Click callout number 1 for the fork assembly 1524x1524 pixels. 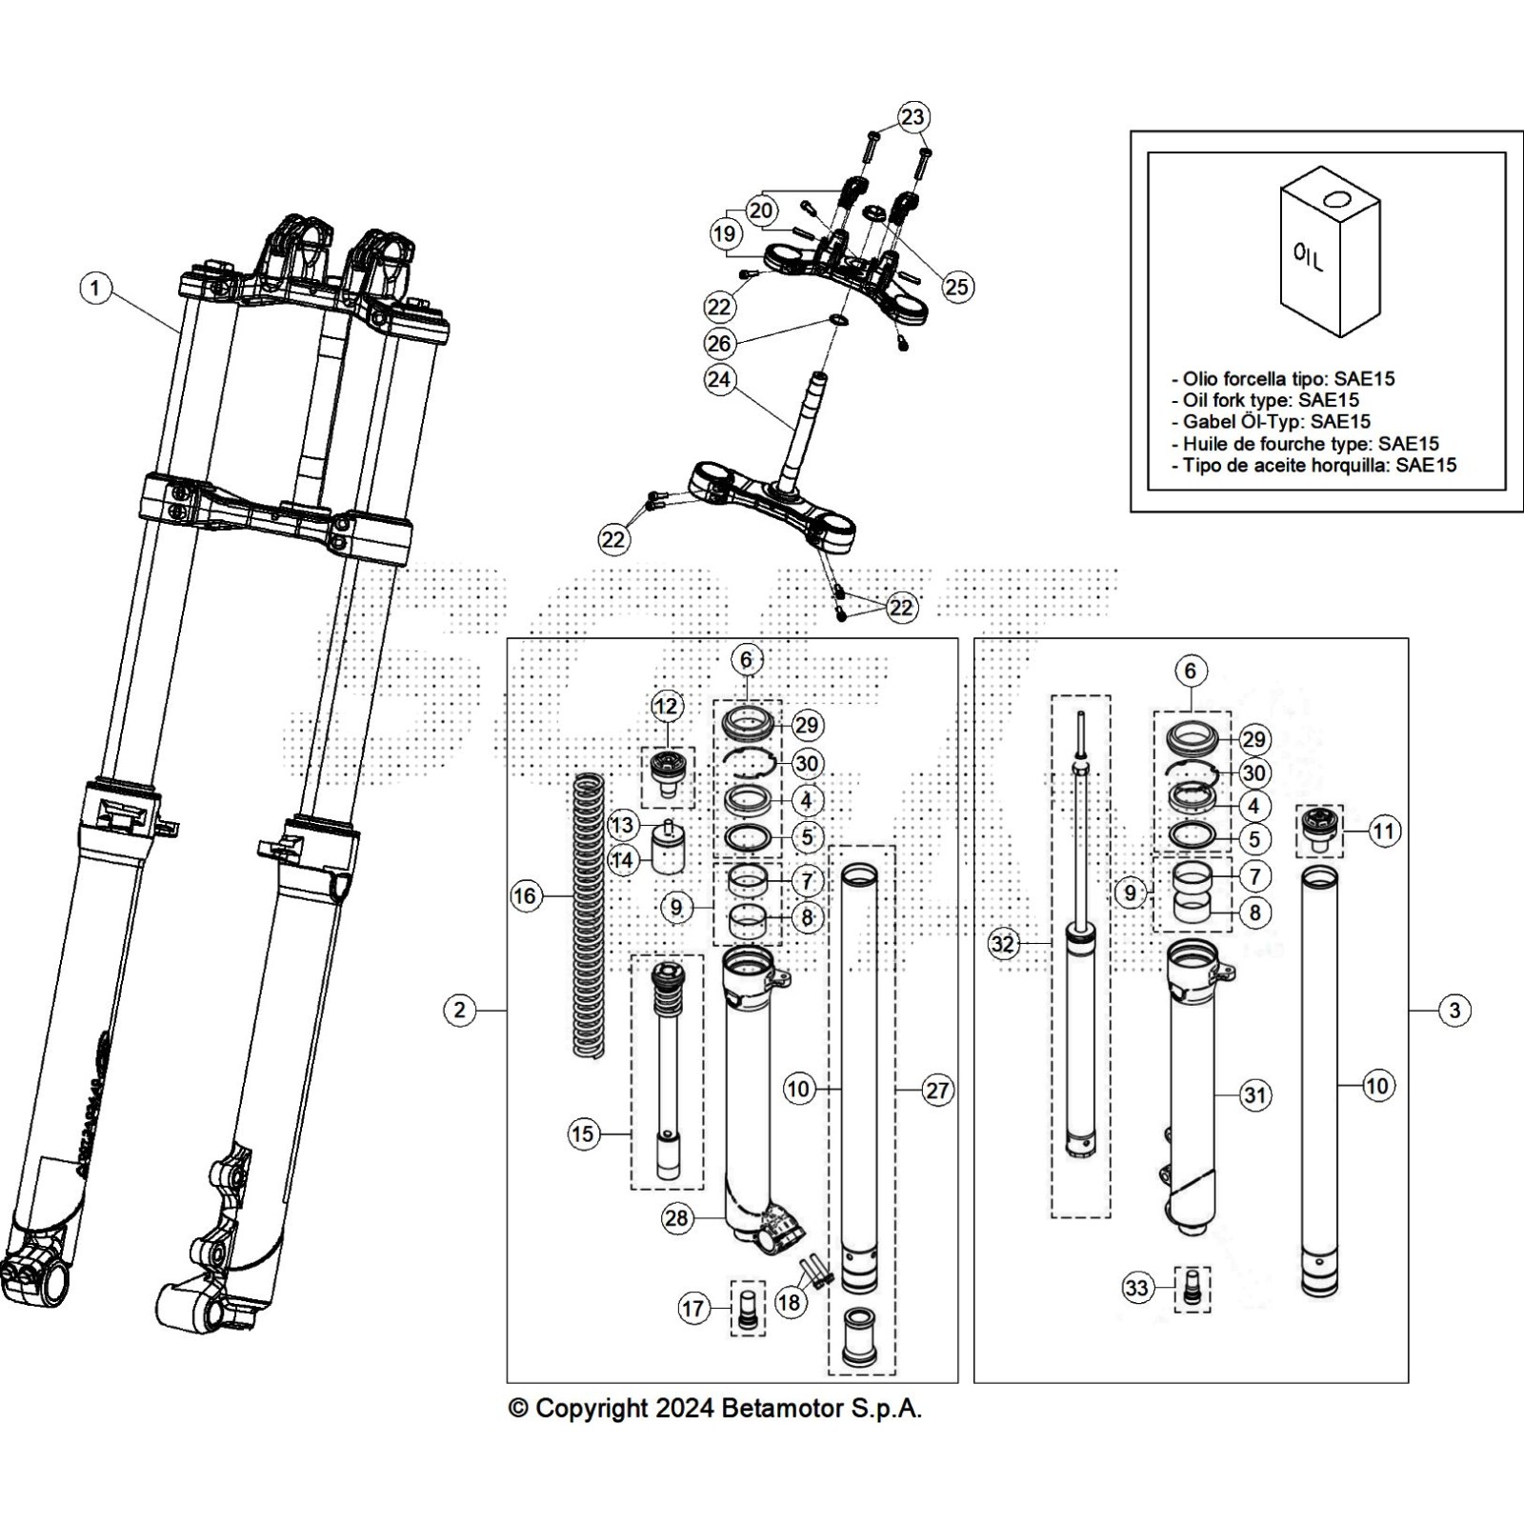tap(95, 288)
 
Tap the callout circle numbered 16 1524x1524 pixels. tap(526, 895)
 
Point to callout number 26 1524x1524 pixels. tap(719, 343)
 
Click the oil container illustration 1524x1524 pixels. tap(1330, 252)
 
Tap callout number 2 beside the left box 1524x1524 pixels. tap(460, 1010)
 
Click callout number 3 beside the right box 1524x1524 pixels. tap(1454, 1010)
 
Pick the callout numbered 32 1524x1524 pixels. tap(1003, 944)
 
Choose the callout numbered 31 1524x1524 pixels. tap(1255, 1095)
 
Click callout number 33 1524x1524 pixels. tap(1137, 1289)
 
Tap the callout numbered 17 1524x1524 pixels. tap(692, 1308)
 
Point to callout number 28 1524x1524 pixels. tap(676, 1219)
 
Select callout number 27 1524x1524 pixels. tap(937, 1090)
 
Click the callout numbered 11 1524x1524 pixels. tap(1383, 832)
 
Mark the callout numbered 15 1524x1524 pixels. tap(583, 1133)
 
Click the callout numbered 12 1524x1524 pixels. tap(667, 706)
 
